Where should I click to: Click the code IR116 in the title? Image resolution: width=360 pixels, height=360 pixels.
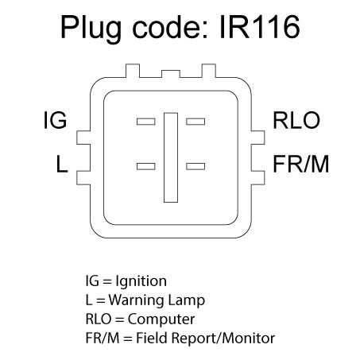pos(260,26)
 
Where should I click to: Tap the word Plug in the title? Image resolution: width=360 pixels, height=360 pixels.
pos(91,29)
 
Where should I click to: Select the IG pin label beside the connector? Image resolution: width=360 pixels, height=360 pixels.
pos(55,120)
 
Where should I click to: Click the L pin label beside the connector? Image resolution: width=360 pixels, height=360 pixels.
pos(62,164)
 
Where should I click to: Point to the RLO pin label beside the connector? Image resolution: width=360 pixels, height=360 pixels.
pos(296,120)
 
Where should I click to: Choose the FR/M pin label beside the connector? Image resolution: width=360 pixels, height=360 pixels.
pos(301,164)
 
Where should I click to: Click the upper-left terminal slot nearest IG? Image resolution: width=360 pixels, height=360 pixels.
pos(146,122)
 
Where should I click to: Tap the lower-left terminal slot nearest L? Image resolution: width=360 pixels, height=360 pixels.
pos(146,166)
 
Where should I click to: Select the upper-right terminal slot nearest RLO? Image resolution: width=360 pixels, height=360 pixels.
pos(195,122)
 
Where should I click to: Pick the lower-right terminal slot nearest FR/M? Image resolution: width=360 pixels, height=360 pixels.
pos(195,166)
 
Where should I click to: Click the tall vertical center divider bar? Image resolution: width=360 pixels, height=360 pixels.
pos(171,157)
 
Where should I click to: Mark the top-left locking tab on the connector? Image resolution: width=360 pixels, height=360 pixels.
pos(133,71)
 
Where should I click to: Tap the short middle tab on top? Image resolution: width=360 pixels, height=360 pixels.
pos(171,74)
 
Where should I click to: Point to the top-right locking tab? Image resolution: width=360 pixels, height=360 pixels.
pos(209,71)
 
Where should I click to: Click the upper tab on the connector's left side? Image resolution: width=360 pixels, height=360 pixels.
pos(83,137)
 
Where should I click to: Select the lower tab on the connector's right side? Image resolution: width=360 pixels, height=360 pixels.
pos(257,178)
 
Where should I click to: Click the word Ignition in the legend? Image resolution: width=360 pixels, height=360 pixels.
pos(141,282)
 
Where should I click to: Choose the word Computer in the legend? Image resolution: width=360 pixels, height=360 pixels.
pos(161,319)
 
